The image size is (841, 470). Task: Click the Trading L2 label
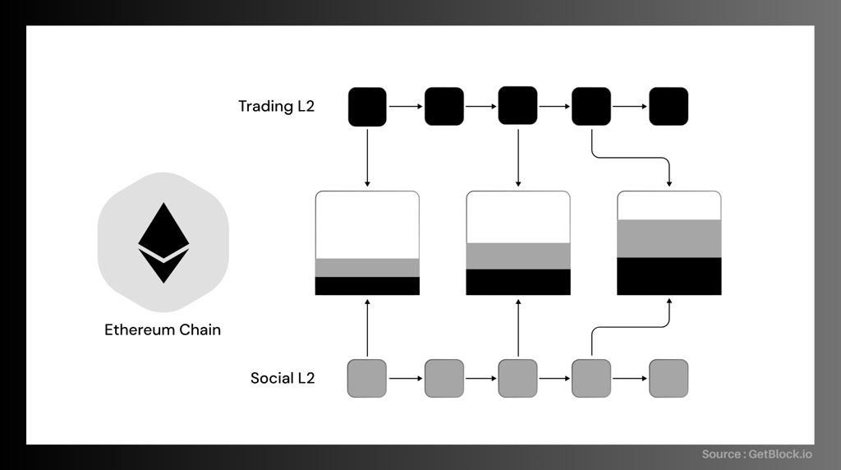[x=276, y=106]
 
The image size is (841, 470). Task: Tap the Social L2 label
[x=283, y=378]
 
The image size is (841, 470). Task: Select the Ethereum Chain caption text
[x=163, y=329]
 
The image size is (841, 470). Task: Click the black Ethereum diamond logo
[x=163, y=242]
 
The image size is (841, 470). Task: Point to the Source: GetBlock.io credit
[x=756, y=454]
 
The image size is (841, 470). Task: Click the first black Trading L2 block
[x=367, y=107]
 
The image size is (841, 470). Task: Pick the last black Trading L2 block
[x=669, y=106]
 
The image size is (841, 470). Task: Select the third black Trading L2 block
[x=517, y=105]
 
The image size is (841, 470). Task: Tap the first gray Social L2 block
[x=367, y=378]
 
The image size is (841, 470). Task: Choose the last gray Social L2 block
[x=669, y=378]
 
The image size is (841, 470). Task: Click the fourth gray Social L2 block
[x=591, y=378]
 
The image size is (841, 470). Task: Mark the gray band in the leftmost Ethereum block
[x=367, y=268]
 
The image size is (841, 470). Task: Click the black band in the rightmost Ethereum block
[x=669, y=276]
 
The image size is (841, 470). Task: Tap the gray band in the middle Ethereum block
[x=518, y=256]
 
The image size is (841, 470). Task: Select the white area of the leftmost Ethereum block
[x=367, y=225]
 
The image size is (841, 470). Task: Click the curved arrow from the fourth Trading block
[x=631, y=158]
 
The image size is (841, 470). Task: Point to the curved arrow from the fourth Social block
[x=631, y=327]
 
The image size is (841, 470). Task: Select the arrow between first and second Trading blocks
[x=406, y=106]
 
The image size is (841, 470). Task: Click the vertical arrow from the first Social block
[x=367, y=328]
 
